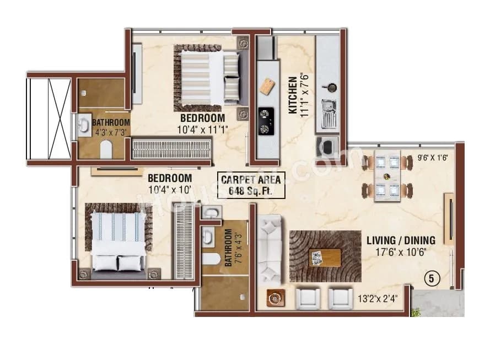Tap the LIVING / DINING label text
click(401, 240)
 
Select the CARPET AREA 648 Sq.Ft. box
click(251, 185)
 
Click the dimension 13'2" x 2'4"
click(378, 299)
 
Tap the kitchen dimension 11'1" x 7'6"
click(305, 95)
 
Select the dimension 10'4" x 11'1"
click(202, 129)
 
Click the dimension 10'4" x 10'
click(170, 189)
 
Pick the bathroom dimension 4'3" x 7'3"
click(111, 132)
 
